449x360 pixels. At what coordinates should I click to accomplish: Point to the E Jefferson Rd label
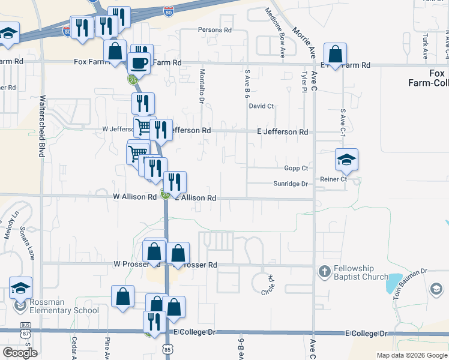point(282,132)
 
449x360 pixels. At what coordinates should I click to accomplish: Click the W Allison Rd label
point(134,197)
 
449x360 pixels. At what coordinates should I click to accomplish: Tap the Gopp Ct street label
point(297,169)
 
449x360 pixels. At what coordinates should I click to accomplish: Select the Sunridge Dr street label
point(291,184)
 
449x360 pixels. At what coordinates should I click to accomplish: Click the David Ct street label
point(261,106)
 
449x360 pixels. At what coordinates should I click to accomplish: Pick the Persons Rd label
point(215,29)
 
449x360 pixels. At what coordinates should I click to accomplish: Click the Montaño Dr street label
point(202,86)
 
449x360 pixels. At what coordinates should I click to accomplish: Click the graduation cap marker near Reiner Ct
point(346,160)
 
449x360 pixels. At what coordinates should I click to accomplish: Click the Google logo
point(20,353)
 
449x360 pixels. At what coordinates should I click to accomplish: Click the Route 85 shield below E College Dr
point(167,348)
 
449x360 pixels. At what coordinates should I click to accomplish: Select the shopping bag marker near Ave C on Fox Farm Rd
point(336,55)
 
